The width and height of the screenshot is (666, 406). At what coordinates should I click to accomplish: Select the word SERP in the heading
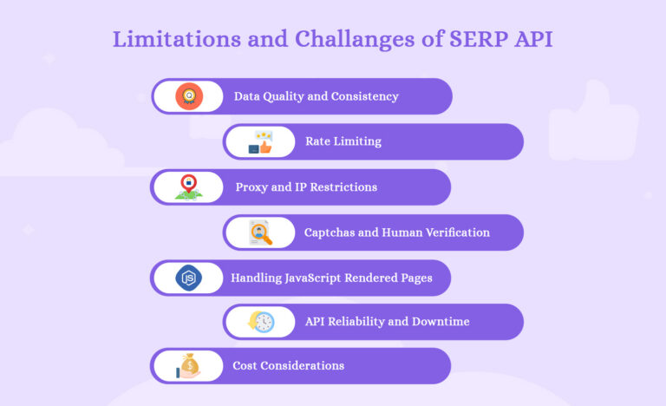[488, 40]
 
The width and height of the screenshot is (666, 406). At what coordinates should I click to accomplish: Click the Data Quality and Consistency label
[316, 96]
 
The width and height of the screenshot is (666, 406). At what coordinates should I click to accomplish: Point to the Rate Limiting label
[343, 141]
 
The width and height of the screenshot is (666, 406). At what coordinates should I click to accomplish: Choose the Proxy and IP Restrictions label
[306, 187]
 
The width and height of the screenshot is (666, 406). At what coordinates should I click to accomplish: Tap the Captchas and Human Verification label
[396, 232]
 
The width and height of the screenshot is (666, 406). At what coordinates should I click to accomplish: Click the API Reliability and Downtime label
[387, 322]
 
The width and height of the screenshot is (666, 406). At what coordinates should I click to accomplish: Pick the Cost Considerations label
[288, 366]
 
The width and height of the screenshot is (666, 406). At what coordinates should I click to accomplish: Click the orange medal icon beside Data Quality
[188, 96]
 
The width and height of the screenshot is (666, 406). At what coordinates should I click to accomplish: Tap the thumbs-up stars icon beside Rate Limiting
[260, 142]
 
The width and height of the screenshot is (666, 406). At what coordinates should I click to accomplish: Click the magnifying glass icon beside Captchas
[260, 232]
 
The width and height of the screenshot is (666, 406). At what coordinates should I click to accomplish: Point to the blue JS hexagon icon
[188, 278]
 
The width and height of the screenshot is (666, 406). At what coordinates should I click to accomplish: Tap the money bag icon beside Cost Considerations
[188, 366]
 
